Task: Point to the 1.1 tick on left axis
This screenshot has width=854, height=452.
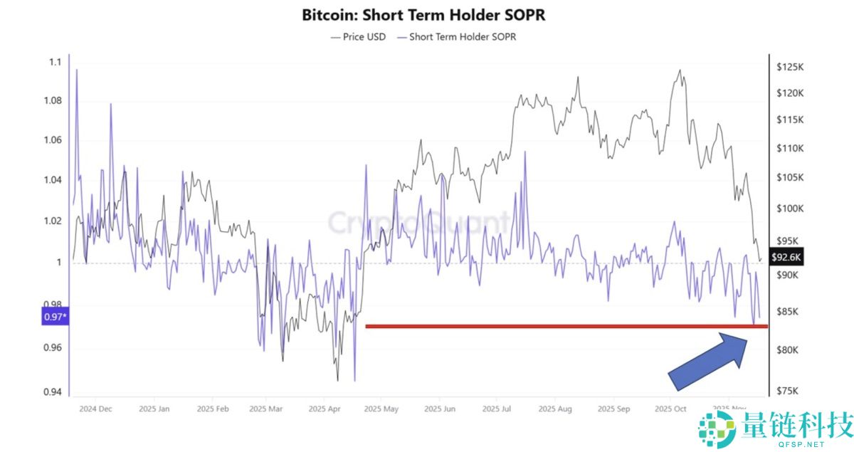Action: (56, 63)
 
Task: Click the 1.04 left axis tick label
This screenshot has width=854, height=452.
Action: (53, 180)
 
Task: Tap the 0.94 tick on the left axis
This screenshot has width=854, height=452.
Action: (53, 392)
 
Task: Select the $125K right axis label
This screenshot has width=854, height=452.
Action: (790, 67)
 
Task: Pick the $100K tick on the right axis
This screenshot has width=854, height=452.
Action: (790, 209)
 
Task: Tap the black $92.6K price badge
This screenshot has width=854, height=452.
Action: (786, 258)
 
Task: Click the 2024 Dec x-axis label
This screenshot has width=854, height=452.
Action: (95, 409)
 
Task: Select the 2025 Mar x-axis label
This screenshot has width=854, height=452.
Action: (267, 409)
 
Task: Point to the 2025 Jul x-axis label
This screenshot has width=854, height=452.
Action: (496, 409)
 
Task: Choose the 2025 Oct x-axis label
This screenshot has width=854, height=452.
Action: (670, 409)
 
